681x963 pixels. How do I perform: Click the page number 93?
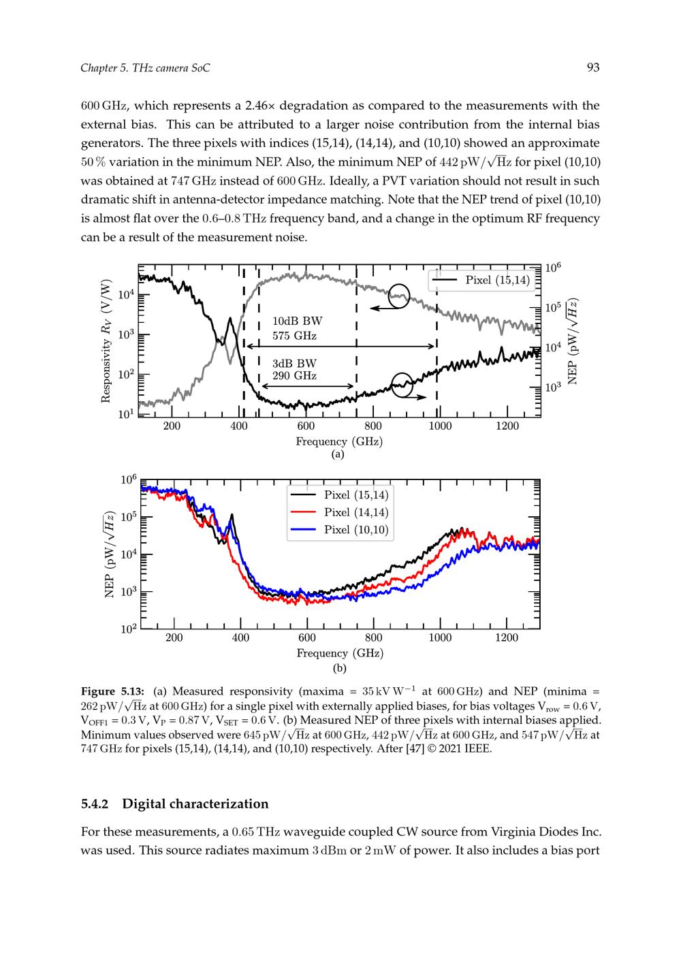click(x=593, y=67)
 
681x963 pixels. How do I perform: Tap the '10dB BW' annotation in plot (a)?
click(x=297, y=321)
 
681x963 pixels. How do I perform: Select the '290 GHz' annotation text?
click(x=294, y=376)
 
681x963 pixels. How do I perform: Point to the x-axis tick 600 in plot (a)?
click(x=306, y=426)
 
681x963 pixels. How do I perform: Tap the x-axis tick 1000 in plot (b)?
click(x=440, y=637)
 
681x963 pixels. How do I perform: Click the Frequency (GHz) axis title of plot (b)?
click(x=340, y=654)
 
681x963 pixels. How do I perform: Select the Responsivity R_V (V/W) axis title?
click(x=106, y=341)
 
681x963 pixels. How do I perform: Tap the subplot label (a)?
click(x=338, y=454)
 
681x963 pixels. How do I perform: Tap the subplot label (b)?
click(x=339, y=669)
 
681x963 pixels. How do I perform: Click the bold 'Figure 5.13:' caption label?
click(x=112, y=691)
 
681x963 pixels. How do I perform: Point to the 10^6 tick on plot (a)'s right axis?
click(x=553, y=268)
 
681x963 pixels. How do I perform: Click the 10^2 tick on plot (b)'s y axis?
click(x=129, y=629)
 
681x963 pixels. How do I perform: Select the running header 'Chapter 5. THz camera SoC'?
click(x=145, y=68)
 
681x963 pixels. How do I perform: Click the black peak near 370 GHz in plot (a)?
click(x=230, y=319)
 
